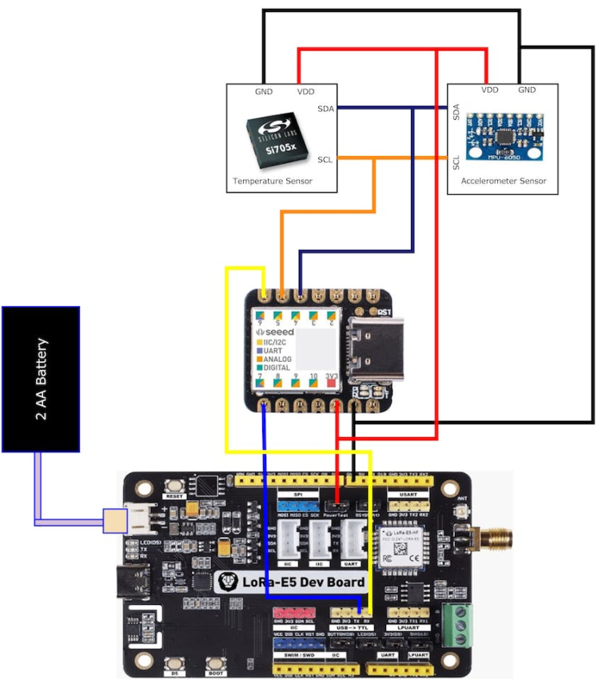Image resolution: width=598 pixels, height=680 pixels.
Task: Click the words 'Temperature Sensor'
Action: click(272, 181)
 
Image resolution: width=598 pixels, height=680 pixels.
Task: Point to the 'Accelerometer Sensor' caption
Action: click(504, 181)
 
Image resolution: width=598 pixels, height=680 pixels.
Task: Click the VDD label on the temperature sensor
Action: click(305, 91)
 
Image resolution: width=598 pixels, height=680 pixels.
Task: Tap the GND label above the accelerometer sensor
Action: click(527, 89)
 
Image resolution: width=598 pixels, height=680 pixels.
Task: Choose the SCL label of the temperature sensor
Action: click(325, 159)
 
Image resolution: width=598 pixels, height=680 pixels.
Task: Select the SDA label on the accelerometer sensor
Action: click(456, 112)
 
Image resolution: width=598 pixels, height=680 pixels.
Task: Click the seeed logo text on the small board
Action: click(276, 331)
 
